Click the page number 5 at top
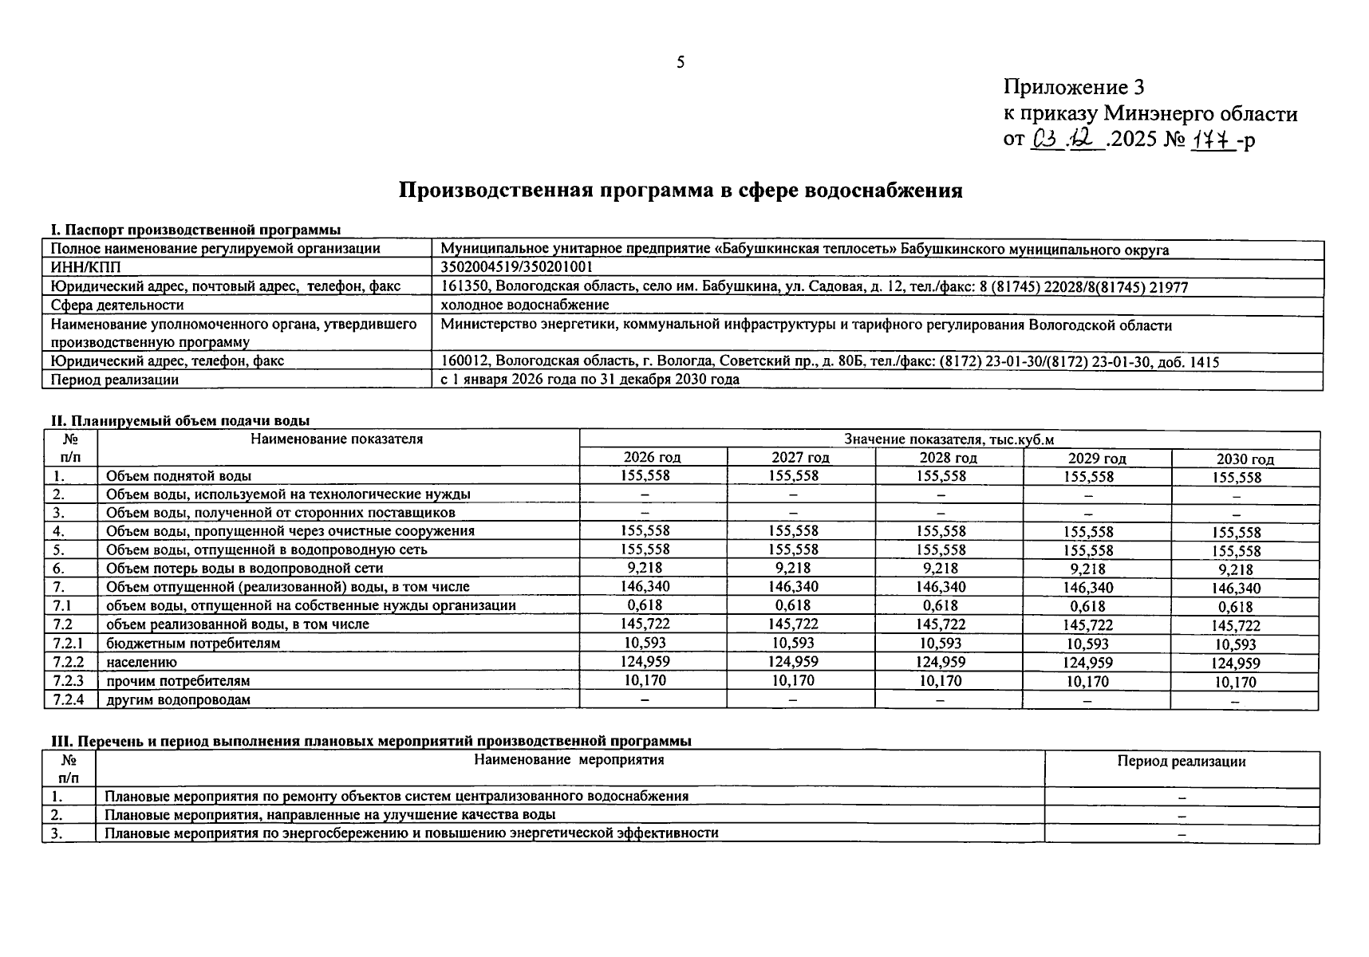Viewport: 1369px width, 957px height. point(680,62)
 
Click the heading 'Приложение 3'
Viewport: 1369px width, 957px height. point(1074,87)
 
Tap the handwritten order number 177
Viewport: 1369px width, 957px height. point(1213,140)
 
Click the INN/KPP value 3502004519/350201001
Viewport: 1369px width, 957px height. point(516,267)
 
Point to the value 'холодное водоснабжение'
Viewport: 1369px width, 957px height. point(525,305)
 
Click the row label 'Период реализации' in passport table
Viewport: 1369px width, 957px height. point(114,380)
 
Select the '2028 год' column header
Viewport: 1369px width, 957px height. point(948,458)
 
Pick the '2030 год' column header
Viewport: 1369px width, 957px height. point(1245,459)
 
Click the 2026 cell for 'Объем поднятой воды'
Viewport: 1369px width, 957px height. point(645,475)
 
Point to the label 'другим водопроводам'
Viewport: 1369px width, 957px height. point(178,699)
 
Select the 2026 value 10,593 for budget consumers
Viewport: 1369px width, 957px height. point(645,642)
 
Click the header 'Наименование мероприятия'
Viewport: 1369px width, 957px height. point(569,760)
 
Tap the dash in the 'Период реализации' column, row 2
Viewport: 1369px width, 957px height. point(1182,816)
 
